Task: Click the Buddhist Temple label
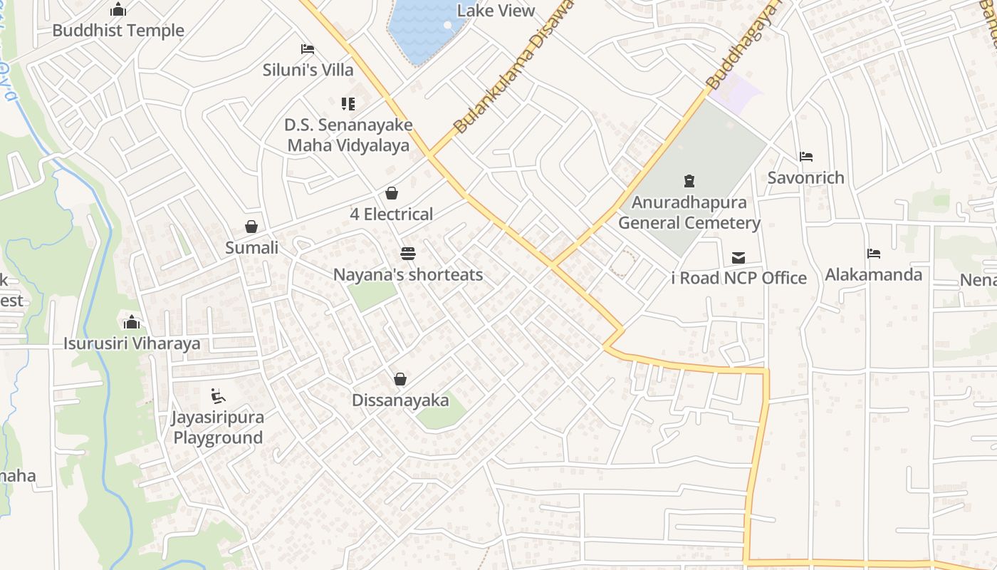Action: coord(118,31)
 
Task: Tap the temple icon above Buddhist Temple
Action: coord(118,10)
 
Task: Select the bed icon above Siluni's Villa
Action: coord(308,49)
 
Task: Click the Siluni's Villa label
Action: coord(308,70)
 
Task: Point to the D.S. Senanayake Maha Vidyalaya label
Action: coord(348,135)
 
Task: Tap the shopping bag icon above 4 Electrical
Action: coord(392,193)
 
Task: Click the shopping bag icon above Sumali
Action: coord(251,227)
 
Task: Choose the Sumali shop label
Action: coord(251,248)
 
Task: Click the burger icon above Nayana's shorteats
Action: coord(408,254)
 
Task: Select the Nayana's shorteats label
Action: coord(408,274)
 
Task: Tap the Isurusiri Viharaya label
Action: coord(132,343)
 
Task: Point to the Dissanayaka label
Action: coord(400,400)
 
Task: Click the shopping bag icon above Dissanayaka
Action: coord(400,379)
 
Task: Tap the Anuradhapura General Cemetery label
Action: coord(689,212)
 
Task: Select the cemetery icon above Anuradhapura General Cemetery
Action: coord(689,181)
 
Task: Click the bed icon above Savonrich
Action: coord(806,157)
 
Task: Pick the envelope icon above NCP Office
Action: coord(738,257)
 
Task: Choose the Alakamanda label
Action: coord(873,274)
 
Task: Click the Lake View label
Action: coord(496,11)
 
